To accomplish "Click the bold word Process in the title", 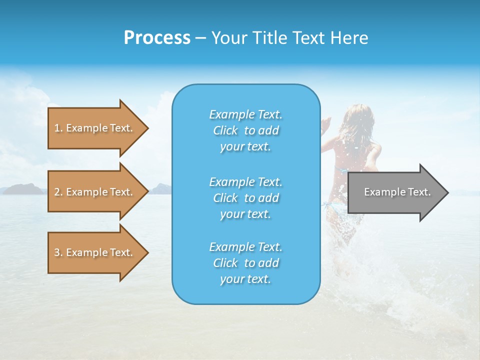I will (x=157, y=38).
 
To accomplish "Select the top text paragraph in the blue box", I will (x=245, y=130).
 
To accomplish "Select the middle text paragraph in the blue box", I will (x=245, y=197).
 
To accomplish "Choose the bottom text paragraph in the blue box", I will (x=245, y=263).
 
